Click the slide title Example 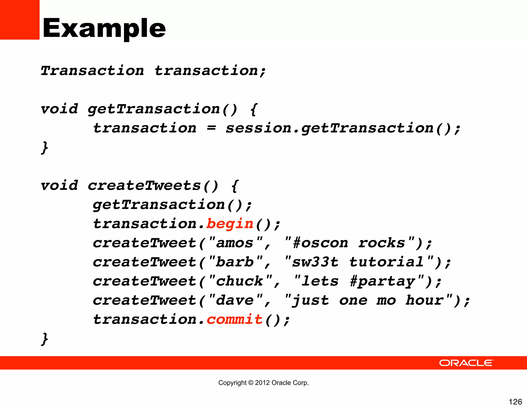104,28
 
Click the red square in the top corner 20,20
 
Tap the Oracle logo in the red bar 466,363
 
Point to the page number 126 515,402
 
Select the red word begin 230,224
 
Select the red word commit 234,320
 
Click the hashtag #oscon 321,243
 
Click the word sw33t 315,262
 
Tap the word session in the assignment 258,128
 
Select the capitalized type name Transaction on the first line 92,71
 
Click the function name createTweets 144,186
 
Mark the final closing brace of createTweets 45,339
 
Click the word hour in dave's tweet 425,301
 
